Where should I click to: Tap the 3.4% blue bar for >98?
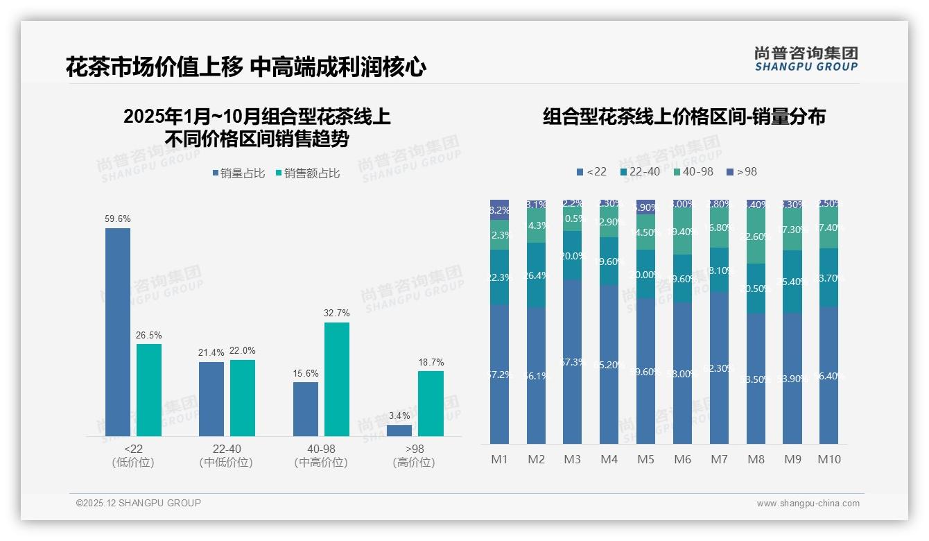click(x=399, y=431)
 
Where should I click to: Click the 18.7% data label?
click(x=431, y=362)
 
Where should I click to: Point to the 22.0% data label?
click(x=243, y=350)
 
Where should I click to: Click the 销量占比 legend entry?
click(x=238, y=173)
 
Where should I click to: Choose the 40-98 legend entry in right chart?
click(x=693, y=171)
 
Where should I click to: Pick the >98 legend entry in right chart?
click(x=742, y=171)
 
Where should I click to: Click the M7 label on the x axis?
click(x=719, y=459)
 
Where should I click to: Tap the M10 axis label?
click(x=828, y=459)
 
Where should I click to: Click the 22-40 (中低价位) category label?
click(x=226, y=456)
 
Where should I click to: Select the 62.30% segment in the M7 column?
click(x=719, y=368)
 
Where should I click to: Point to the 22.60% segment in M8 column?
click(x=756, y=237)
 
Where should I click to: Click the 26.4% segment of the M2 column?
click(x=536, y=275)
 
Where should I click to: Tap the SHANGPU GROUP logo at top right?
click(x=806, y=59)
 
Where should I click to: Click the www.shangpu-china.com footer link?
click(x=808, y=504)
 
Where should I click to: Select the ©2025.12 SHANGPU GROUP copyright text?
click(x=139, y=503)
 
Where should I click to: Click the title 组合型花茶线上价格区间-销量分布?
click(x=684, y=117)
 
